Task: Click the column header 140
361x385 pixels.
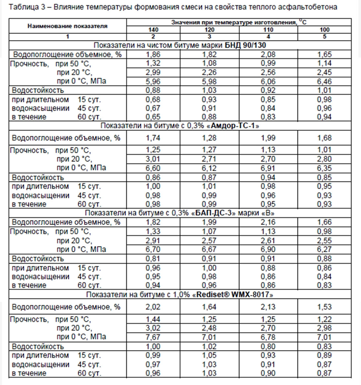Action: click(153, 30)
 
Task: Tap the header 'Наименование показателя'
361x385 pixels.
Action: click(67, 26)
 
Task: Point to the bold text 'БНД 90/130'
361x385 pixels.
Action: click(245, 45)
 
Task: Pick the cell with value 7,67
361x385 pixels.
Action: click(153, 337)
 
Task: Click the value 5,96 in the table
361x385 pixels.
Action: click(153, 81)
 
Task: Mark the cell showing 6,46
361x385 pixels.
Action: click(324, 81)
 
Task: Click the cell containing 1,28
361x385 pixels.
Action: click(209, 138)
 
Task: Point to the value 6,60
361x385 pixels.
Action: click(153, 168)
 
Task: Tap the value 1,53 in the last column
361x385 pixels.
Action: click(324, 306)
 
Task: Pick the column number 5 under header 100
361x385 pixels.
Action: click(324, 37)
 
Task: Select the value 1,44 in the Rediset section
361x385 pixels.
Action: click(153, 319)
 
